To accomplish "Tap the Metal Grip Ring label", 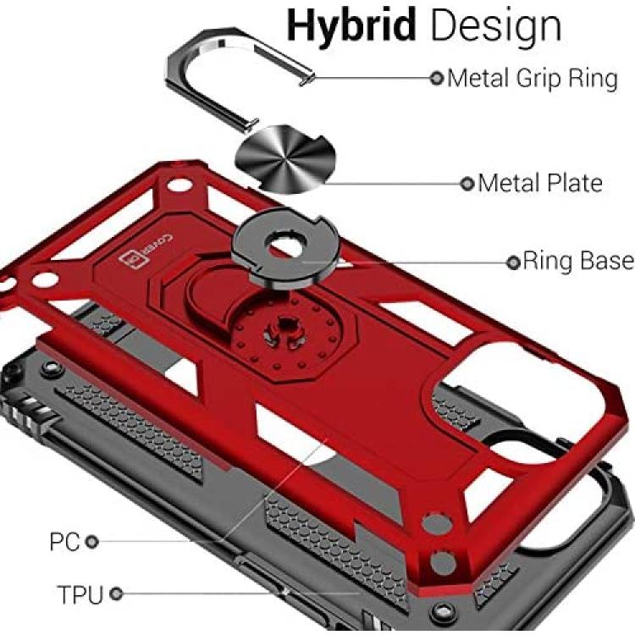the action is [x=533, y=79].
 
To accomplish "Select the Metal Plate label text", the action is [x=540, y=183].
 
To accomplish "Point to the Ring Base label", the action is [x=578, y=261].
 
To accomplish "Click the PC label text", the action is [x=64, y=542].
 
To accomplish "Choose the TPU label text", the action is [x=80, y=594].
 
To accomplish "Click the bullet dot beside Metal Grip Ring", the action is [x=437, y=78].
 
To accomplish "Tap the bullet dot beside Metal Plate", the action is [x=467, y=184].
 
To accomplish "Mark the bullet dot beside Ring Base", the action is [x=513, y=262].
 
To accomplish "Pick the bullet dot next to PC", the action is [x=92, y=542].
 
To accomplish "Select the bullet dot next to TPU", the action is [x=116, y=594].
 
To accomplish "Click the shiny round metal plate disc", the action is [x=285, y=159].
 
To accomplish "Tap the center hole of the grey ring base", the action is [x=284, y=246].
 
